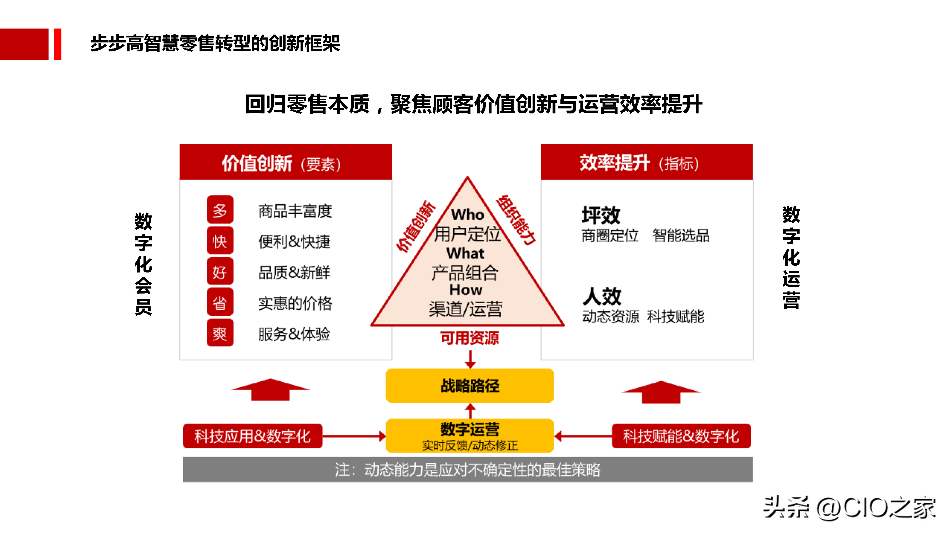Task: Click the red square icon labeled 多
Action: [x=220, y=210]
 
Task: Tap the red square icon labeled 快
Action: [x=220, y=241]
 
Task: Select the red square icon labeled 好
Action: [x=220, y=272]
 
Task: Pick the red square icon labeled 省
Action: [x=220, y=302]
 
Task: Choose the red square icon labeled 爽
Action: [x=220, y=333]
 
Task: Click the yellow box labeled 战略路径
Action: [x=470, y=386]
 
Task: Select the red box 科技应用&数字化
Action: [x=253, y=436]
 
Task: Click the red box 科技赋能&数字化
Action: [x=681, y=436]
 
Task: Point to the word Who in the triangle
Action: [x=468, y=214]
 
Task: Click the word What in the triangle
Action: [x=465, y=253]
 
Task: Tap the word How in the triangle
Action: [x=466, y=290]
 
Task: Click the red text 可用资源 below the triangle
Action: [x=470, y=338]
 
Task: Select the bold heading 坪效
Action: [x=601, y=215]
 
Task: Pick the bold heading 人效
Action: [x=602, y=296]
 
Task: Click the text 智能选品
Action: [x=681, y=235]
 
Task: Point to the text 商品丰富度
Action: [x=295, y=211]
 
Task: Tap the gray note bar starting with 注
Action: [x=468, y=470]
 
